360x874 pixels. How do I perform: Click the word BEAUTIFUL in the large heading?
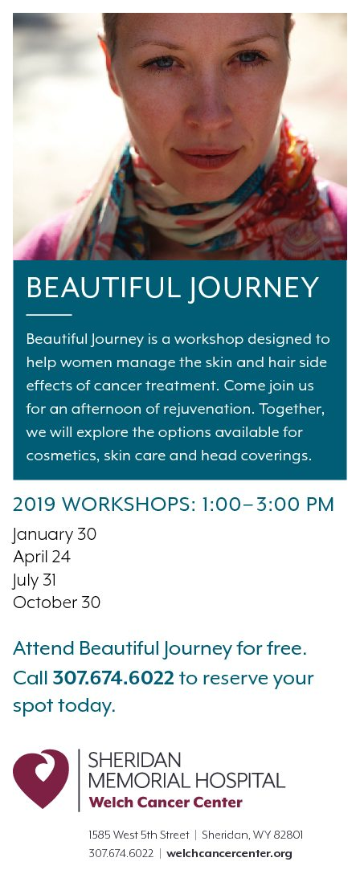pos(103,288)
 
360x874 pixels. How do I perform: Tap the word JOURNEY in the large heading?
pos(254,288)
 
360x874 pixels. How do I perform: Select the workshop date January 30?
pos(54,534)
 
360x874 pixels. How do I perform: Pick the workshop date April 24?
pos(42,557)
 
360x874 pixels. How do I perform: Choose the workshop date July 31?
pos(34,580)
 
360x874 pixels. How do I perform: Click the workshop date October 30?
pos(56,602)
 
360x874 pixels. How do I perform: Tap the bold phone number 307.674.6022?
pos(113,678)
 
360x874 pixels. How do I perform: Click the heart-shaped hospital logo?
pos(41,778)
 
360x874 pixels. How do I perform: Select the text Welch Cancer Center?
pos(166,803)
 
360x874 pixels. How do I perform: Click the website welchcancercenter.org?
pos(229,853)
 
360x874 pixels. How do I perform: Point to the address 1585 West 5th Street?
pos(139,835)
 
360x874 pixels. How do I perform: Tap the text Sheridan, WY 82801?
pos(252,835)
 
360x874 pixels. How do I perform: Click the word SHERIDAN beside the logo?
pos(134,760)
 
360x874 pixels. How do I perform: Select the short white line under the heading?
pos(49,315)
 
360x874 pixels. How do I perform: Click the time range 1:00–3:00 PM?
pos(268,504)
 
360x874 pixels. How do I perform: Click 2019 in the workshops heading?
pos(35,504)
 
